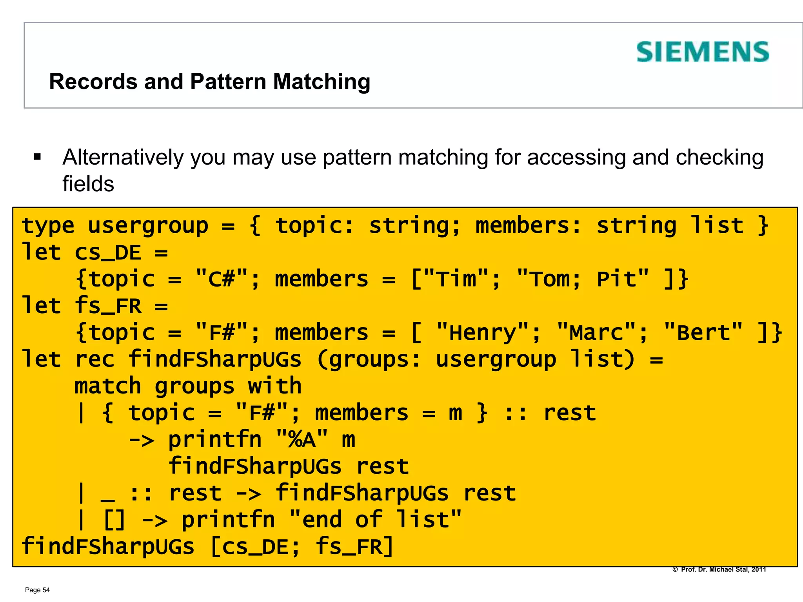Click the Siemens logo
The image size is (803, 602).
click(x=703, y=52)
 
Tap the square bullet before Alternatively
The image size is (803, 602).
click(x=38, y=158)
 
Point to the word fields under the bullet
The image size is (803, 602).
click(x=88, y=184)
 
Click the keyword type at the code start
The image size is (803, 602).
click(x=48, y=226)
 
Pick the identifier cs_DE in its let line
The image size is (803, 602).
click(x=108, y=253)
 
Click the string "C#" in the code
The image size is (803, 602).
click(x=222, y=279)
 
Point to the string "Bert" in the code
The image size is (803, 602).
click(x=703, y=333)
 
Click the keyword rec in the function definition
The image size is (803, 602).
click(x=94, y=359)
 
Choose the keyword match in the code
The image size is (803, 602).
click(x=108, y=386)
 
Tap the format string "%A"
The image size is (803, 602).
click(x=302, y=440)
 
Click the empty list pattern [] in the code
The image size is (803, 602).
click(x=114, y=520)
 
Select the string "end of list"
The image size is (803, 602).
click(x=376, y=520)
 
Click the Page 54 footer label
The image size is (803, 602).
click(x=37, y=590)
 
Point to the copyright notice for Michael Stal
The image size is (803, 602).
click(x=719, y=569)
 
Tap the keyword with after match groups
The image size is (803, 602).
click(x=274, y=386)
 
